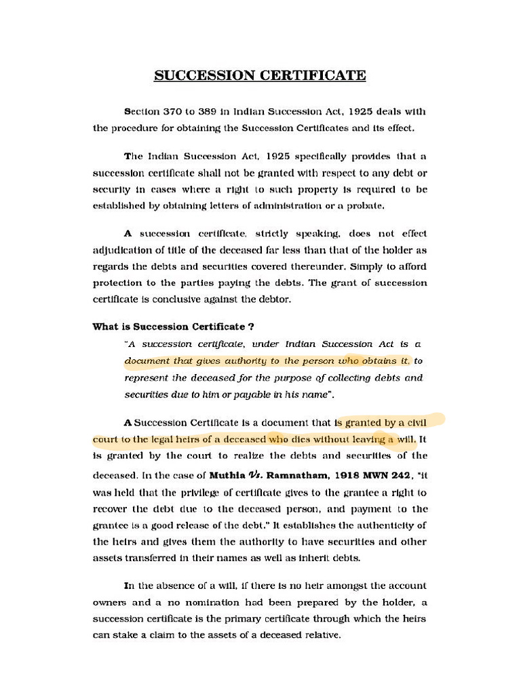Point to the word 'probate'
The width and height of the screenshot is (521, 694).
click(x=406, y=205)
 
